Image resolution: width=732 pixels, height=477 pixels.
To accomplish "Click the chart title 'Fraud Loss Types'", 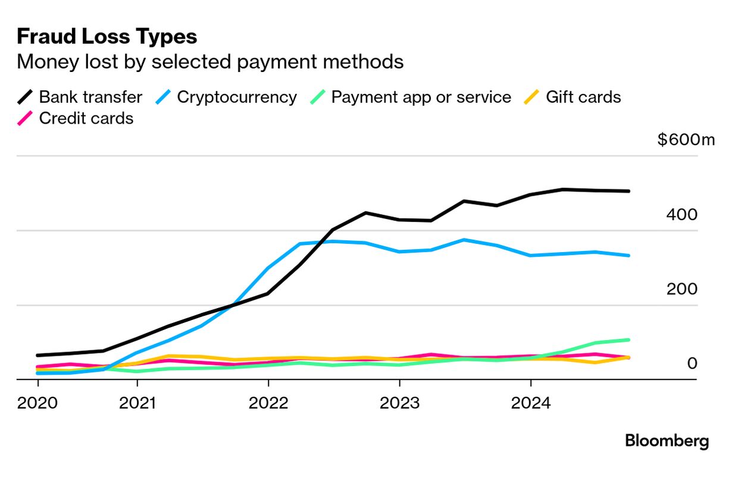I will pyautogui.click(x=107, y=37).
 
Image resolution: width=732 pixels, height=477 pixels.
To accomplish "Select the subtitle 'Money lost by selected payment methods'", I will pyautogui.click(x=210, y=62).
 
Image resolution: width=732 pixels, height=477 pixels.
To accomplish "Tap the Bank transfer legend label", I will pyautogui.click(x=90, y=97).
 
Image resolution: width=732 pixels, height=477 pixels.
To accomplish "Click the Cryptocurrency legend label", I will pyautogui.click(x=237, y=97).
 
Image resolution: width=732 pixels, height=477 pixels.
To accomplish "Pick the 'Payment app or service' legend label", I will pyautogui.click(x=421, y=97).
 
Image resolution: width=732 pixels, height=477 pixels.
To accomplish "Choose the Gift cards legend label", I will pyautogui.click(x=583, y=97).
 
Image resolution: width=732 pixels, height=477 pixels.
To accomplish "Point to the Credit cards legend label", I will pyautogui.click(x=86, y=118).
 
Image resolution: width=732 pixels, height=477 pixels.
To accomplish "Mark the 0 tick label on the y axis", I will pyautogui.click(x=692, y=363).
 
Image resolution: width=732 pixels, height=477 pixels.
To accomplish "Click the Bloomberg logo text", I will pyautogui.click(x=667, y=441).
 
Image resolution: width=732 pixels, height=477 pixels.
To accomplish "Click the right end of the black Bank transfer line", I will pyautogui.click(x=629, y=191).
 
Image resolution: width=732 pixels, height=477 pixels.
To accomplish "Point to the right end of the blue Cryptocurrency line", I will pyautogui.click(x=629, y=256).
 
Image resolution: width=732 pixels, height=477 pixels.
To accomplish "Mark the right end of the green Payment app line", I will pyautogui.click(x=629, y=340).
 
